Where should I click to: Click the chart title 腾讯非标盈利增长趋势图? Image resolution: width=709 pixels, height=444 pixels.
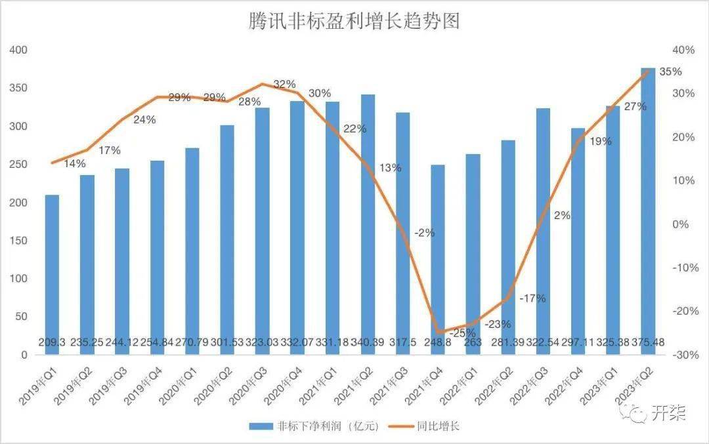tap(354, 21)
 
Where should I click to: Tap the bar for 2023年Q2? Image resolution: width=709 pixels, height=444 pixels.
tap(648, 210)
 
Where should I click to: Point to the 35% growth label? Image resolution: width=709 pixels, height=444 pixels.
tap(670, 72)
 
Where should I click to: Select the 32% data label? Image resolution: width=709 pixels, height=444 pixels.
tap(284, 85)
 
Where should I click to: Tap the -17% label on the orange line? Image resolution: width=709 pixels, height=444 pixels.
tap(532, 299)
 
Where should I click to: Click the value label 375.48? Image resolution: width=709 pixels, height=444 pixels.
tap(648, 342)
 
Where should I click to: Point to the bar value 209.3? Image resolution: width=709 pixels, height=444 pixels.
tap(52, 342)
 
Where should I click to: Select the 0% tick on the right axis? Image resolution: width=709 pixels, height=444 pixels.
tap(683, 224)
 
